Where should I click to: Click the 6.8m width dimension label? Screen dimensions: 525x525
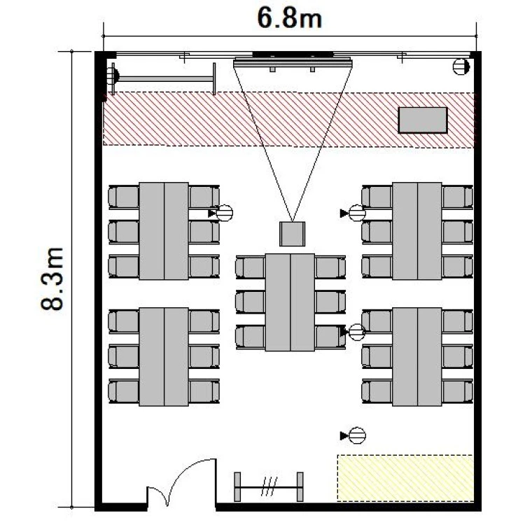(x=289, y=18)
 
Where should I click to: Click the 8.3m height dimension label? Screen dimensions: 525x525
(x=52, y=279)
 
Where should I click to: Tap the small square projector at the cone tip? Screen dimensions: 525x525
(x=293, y=234)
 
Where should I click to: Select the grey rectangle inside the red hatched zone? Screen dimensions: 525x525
(x=423, y=120)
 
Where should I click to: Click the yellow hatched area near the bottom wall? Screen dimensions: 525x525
(x=405, y=478)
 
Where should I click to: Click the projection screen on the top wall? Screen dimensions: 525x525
(x=293, y=62)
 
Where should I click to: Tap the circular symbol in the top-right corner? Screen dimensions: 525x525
(x=461, y=66)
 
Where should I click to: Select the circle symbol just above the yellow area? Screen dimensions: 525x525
(x=357, y=435)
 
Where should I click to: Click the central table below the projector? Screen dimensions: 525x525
(x=290, y=302)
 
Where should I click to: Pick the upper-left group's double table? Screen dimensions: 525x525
(x=164, y=231)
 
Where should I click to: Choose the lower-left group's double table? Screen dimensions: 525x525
(x=164, y=357)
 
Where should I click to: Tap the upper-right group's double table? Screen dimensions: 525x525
(x=417, y=231)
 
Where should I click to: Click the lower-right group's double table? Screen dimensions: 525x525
(x=417, y=357)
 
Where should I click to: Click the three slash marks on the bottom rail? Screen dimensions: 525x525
(x=269, y=486)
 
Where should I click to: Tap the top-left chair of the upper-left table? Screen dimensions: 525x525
(x=123, y=197)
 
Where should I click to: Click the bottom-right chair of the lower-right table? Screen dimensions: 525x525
(x=457, y=391)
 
